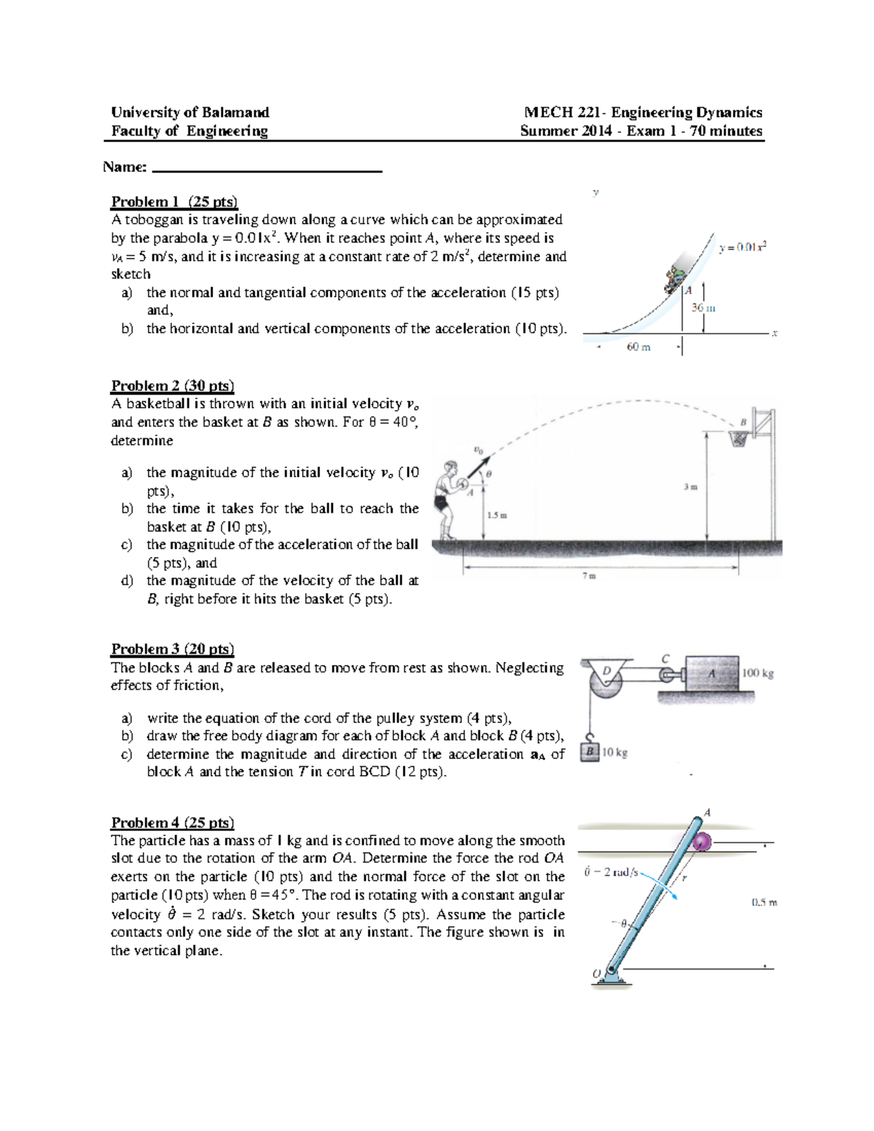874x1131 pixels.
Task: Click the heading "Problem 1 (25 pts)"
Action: [x=174, y=202]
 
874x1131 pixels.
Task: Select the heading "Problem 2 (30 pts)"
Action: [x=173, y=386]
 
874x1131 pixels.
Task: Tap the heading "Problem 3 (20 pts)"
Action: [x=173, y=649]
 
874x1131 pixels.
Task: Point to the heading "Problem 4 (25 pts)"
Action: [x=173, y=823]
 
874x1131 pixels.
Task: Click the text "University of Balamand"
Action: [x=190, y=112]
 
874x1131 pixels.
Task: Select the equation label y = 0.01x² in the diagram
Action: [x=742, y=247]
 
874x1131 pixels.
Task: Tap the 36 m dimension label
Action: [x=703, y=308]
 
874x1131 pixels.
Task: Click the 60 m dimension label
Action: [x=638, y=347]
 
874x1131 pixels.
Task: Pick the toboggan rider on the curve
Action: [x=675, y=279]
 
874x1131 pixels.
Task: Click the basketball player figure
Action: [x=446, y=499]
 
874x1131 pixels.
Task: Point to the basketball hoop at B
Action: [x=739, y=436]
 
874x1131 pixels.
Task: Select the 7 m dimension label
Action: [x=589, y=576]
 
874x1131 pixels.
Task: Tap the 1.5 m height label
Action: [x=497, y=515]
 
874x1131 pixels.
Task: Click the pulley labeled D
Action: [x=606, y=683]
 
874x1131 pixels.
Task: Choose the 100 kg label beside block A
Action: [x=757, y=674]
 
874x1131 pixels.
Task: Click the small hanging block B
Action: [x=591, y=752]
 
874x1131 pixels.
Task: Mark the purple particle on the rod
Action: [x=702, y=843]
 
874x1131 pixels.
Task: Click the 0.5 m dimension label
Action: [x=764, y=902]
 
